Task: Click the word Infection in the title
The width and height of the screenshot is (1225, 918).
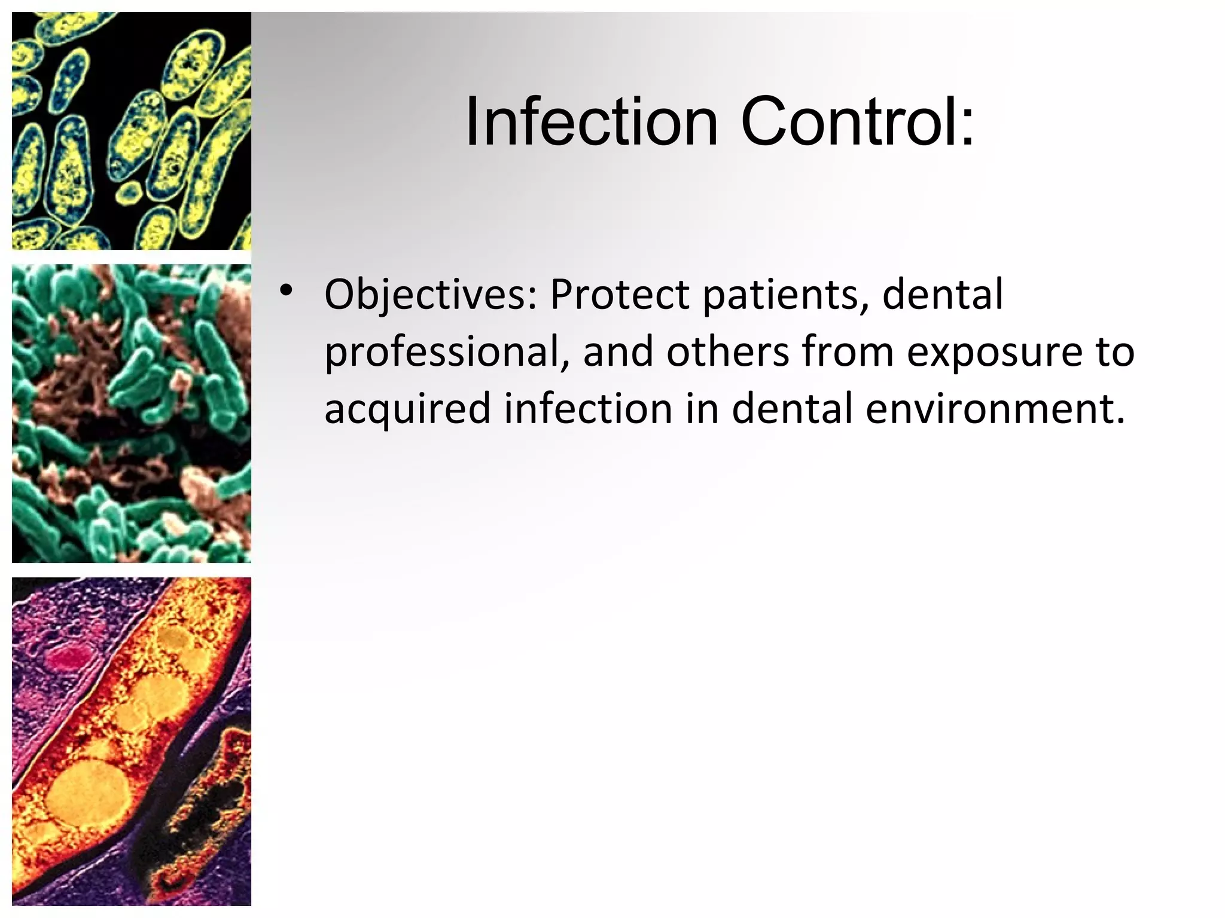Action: pyautogui.click(x=591, y=123)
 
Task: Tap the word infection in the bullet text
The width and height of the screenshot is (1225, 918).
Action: pyautogui.click(x=588, y=409)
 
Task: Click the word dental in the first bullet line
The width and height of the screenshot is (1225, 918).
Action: pyautogui.click(x=943, y=295)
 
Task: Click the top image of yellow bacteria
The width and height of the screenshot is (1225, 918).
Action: pyautogui.click(x=132, y=130)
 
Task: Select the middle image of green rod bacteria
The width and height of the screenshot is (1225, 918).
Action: pyautogui.click(x=132, y=414)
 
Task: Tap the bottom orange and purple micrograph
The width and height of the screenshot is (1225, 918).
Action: pyautogui.click(x=132, y=741)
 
